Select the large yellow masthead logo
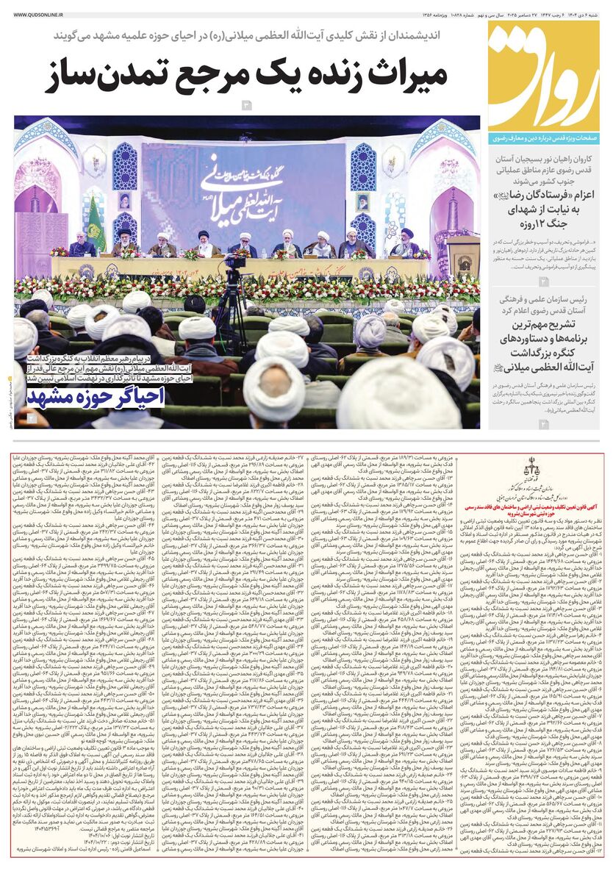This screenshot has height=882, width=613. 547,77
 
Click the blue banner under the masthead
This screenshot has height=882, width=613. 547,137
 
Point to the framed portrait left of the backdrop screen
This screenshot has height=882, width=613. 126,200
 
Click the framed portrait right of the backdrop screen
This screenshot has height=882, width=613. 362,201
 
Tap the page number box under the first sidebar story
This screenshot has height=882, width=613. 543,282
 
